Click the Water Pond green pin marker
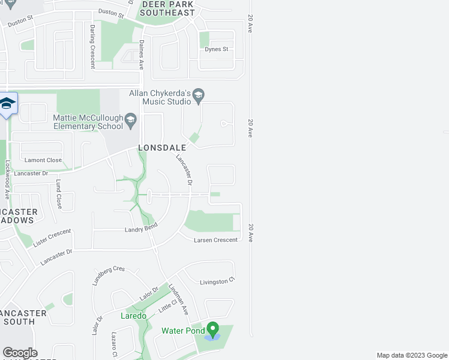click(212, 328)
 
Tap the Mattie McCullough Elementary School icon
click(130, 122)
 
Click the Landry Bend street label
click(140, 229)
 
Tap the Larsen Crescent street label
click(215, 240)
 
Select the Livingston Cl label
click(216, 281)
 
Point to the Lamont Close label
click(43, 160)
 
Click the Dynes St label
click(217, 49)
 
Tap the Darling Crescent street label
click(92, 46)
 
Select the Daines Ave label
click(142, 55)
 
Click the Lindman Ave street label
click(179, 300)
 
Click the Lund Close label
click(59, 194)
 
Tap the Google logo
click(20, 353)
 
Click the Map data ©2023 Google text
click(411, 355)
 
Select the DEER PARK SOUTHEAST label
click(168, 8)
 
